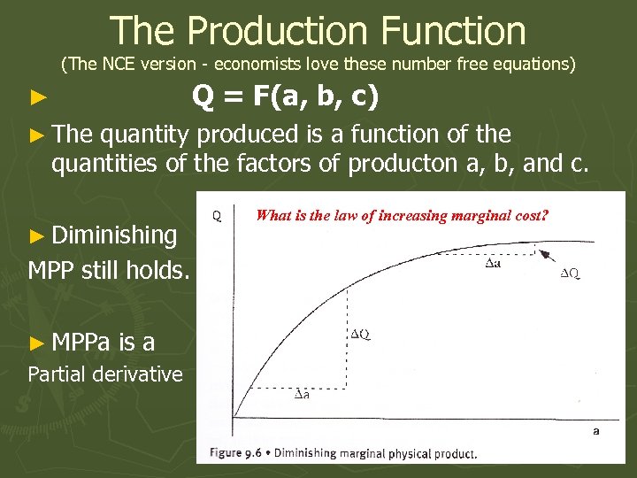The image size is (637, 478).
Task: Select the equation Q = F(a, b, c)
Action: click(285, 96)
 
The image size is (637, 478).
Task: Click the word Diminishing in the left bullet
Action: click(114, 235)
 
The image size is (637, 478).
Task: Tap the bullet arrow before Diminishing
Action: click(36, 236)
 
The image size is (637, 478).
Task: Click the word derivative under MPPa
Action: click(132, 374)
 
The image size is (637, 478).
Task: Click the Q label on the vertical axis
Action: click(218, 215)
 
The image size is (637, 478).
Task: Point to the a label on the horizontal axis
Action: click(595, 430)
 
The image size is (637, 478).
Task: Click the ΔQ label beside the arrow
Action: click(572, 274)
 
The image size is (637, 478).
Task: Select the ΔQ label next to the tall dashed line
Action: click(360, 334)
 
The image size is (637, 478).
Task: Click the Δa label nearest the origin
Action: click(302, 393)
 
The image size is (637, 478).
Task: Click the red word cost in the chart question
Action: click(530, 214)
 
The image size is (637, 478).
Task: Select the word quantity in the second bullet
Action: click(144, 135)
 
